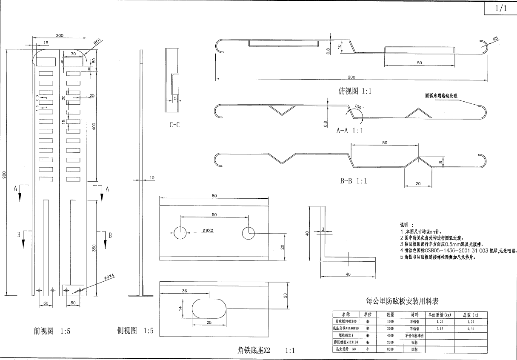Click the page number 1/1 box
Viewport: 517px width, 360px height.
pos(500,9)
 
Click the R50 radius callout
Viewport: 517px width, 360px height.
pos(97,41)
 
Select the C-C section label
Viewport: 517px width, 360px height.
pos(174,125)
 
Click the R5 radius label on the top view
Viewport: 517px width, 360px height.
pos(495,39)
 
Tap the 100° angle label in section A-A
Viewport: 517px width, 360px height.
pos(358,108)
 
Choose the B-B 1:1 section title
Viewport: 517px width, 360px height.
pos(353,181)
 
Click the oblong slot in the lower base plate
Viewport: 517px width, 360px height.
pos(209,307)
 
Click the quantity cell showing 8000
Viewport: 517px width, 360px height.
pos(390,349)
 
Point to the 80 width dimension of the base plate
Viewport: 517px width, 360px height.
pos(214,196)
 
